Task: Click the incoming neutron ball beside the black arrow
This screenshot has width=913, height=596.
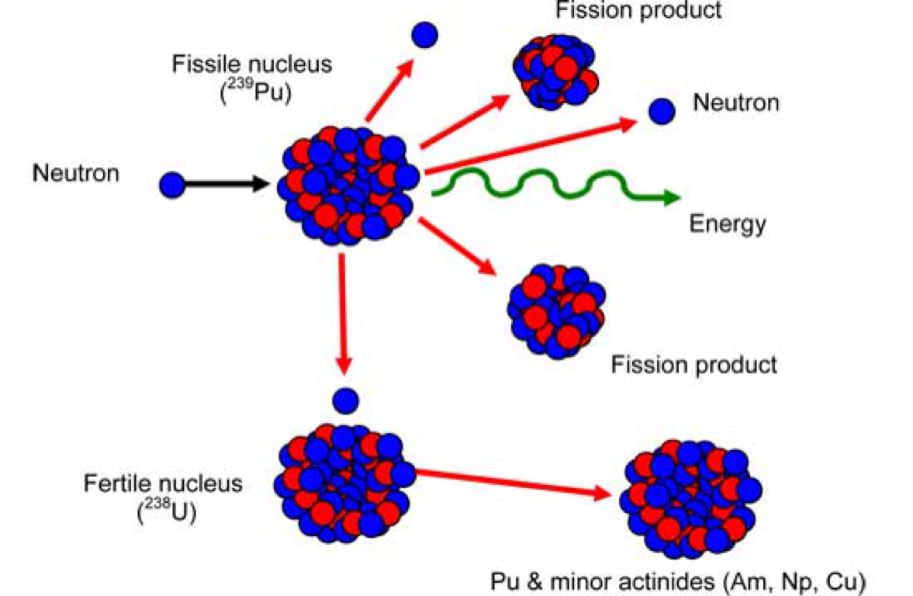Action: coord(171,185)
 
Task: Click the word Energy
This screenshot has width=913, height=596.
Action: coord(727,224)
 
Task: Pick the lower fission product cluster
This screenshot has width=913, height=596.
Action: coord(556,310)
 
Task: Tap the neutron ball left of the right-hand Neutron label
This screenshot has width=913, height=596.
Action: coord(661,112)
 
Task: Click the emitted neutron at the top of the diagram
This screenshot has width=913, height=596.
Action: coord(424,34)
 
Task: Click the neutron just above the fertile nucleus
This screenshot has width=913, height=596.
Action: coord(345,400)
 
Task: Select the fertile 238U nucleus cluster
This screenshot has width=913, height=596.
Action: coord(344,481)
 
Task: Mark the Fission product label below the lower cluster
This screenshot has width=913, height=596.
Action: coord(693,364)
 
